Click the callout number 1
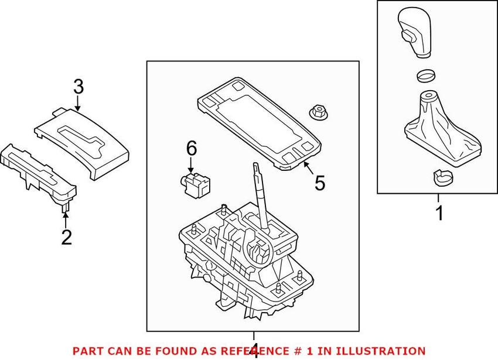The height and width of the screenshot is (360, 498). pos(439,214)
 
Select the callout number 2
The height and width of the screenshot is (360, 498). pos(66,237)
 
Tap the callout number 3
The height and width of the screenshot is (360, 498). pos(78,87)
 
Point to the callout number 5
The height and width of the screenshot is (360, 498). pos(319,183)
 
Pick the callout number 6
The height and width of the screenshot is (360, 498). pos(191,148)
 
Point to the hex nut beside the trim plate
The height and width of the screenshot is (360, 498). pos(317,112)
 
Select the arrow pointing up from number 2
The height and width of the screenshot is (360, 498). pos(66,220)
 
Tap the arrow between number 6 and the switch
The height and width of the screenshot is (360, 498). pos(191,164)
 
